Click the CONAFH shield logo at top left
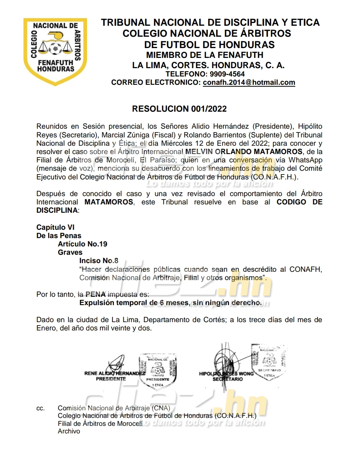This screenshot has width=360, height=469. (x=55, y=52)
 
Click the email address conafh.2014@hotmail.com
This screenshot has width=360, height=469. (x=249, y=83)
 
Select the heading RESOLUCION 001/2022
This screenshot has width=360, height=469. (x=179, y=109)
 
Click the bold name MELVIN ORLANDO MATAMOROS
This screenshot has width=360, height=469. (x=244, y=151)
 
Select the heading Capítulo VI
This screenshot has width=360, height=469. (x=55, y=227)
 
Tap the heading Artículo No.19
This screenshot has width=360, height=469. (x=83, y=244)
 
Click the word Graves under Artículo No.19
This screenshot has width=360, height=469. (x=70, y=252)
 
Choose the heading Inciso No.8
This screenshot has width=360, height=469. (x=98, y=261)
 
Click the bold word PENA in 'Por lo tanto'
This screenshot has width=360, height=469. (x=96, y=294)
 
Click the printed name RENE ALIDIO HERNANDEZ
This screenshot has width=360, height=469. (x=114, y=373)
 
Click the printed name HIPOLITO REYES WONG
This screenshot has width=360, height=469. (x=226, y=374)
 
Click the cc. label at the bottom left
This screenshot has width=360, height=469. (x=40, y=408)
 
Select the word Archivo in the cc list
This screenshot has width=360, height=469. (x=69, y=431)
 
